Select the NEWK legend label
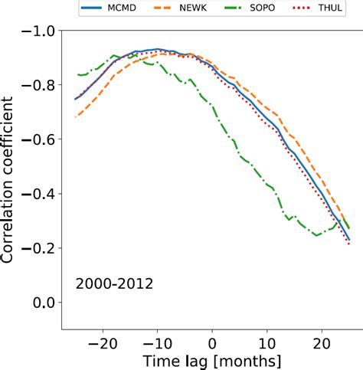201,8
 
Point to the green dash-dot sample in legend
236,8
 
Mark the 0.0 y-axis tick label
46,303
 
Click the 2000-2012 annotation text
114,283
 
